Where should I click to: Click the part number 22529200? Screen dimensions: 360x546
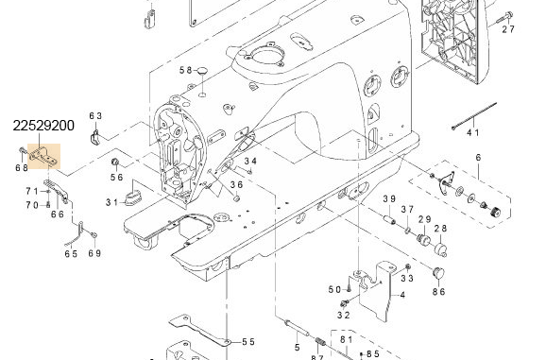tap(44, 125)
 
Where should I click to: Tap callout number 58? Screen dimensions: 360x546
tap(186, 71)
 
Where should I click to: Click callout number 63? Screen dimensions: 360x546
tap(95, 115)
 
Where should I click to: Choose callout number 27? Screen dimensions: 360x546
tap(508, 29)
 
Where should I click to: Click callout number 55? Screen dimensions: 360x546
tap(248, 342)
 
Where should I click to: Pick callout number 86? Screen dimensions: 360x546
tap(439, 292)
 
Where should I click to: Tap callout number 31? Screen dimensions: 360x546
tap(111, 201)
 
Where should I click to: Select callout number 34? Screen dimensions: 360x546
tap(250, 162)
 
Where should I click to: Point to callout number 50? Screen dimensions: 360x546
tap(333, 289)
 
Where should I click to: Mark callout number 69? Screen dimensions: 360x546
tap(94, 254)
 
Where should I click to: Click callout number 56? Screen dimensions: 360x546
tap(116, 177)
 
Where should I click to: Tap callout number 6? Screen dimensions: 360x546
tap(478, 157)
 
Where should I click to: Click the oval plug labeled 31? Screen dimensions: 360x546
tap(132, 197)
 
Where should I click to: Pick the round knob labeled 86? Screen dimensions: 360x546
tap(438, 272)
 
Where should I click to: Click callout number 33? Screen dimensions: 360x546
tap(407, 278)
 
